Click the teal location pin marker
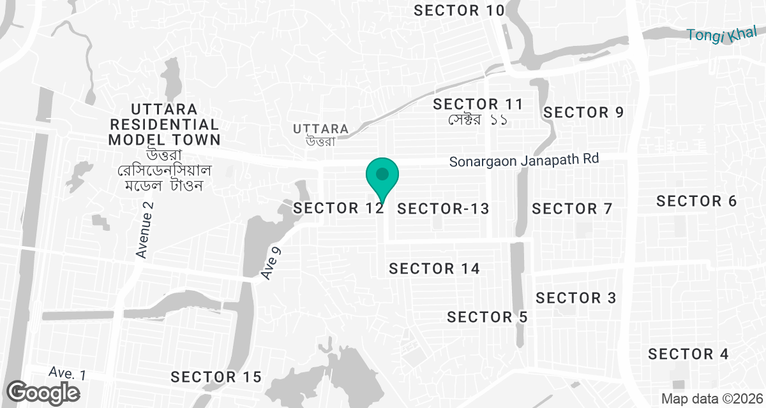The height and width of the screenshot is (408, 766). click(x=382, y=175)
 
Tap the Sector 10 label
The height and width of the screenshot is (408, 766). click(x=459, y=10)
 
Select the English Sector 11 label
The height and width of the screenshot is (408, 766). click(x=478, y=104)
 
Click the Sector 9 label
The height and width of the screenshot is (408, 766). click(x=583, y=113)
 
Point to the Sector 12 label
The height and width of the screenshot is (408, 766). click(x=338, y=208)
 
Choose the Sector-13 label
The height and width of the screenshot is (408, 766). click(x=443, y=208)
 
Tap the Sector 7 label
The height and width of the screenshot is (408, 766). click(x=572, y=208)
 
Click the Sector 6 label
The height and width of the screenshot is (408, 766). click(x=696, y=201)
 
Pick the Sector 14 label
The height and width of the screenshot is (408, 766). click(x=434, y=268)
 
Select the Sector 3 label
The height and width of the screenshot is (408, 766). click(x=576, y=298)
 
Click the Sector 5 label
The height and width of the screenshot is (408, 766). click(x=488, y=317)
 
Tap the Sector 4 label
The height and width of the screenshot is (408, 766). click(x=688, y=354)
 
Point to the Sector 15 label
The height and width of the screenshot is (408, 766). click(x=216, y=377)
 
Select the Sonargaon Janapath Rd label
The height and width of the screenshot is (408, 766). click(x=524, y=159)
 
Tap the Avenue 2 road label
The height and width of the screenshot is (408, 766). click(x=146, y=229)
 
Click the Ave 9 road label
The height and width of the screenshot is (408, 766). click(x=271, y=263)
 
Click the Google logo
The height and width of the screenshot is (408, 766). click(x=44, y=392)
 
